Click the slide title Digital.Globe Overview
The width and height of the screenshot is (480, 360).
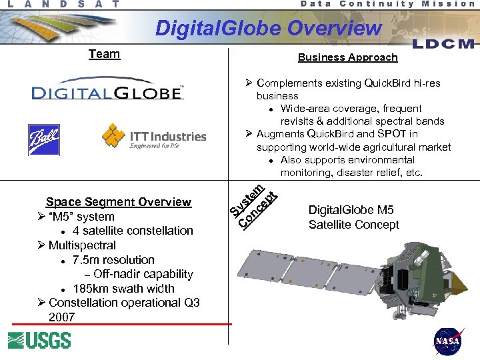268,28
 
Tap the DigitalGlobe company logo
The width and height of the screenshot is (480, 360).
107,92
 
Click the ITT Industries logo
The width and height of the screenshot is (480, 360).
154,136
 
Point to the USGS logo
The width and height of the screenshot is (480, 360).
39,340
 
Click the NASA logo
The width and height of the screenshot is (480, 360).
448,341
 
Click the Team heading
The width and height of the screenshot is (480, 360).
104,54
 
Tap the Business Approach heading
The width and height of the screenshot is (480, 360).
347,57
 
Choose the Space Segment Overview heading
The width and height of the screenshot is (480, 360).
118,202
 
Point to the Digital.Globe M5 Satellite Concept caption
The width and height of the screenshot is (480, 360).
353,217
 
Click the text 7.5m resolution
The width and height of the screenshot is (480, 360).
113,260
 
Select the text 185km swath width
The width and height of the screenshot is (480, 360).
123,289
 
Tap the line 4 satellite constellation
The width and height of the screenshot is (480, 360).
133,231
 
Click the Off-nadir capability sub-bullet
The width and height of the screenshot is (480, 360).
143,274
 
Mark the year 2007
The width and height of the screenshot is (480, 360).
61,317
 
